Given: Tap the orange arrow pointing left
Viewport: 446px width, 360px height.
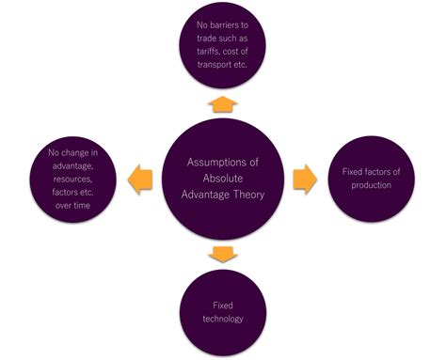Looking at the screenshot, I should [140, 179].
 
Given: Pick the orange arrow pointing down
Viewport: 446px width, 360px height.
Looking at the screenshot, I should [222, 254].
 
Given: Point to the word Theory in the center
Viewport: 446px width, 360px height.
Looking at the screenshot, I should [249, 195].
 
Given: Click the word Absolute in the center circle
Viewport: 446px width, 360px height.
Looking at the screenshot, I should [222, 179].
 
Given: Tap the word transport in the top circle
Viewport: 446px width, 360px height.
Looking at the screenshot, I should [215, 67].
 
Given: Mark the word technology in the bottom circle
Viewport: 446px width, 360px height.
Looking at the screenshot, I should [222, 318].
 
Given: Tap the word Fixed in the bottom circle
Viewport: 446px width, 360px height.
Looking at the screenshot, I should [222, 305].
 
